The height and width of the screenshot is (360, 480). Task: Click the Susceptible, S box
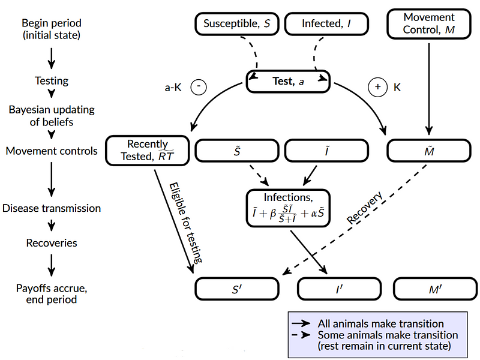coord(236,25)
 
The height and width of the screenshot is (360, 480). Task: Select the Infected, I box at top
coord(326,25)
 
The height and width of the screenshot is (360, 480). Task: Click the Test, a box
coord(289,82)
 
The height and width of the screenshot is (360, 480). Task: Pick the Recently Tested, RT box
coord(147,150)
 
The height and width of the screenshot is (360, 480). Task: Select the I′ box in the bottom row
coord(340,289)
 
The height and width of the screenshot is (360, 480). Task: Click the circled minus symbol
coord(199,88)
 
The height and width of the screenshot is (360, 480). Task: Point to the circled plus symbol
coord(378,88)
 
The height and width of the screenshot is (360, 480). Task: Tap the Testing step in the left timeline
coord(51,80)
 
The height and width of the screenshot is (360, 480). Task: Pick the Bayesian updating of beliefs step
coord(51,116)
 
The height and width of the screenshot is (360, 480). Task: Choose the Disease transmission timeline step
coord(51,208)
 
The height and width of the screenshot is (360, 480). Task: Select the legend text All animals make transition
coord(380,323)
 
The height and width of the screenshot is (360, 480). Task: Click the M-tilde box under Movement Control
coord(428,150)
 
